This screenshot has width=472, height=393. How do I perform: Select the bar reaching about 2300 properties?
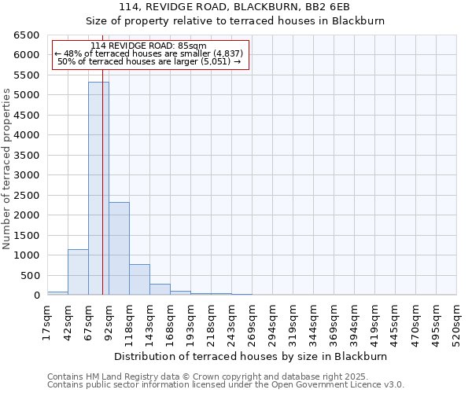tap(119, 248)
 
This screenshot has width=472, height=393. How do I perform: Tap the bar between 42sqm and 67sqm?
tap(78, 272)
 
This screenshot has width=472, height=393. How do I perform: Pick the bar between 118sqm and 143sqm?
tap(139, 280)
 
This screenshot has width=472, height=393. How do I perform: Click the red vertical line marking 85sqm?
tap(103, 196)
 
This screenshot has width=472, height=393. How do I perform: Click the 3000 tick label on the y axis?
tap(26, 175)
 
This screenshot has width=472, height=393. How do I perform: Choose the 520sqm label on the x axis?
tap(456, 323)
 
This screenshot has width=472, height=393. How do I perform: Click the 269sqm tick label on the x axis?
tap(252, 323)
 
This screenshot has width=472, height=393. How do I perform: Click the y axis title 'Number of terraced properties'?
tap(7, 169)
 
